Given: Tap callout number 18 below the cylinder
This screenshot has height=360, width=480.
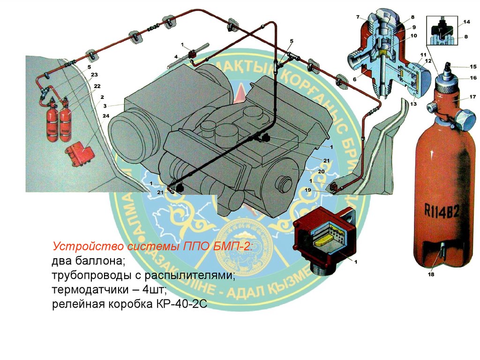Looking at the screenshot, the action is [431, 275].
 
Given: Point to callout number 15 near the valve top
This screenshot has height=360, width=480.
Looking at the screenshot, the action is [472, 67].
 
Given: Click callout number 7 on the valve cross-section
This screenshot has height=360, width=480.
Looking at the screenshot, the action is [358, 17].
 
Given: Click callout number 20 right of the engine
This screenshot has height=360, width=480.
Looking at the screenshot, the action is [322, 172].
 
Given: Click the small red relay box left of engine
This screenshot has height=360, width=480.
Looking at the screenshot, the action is [80, 152].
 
